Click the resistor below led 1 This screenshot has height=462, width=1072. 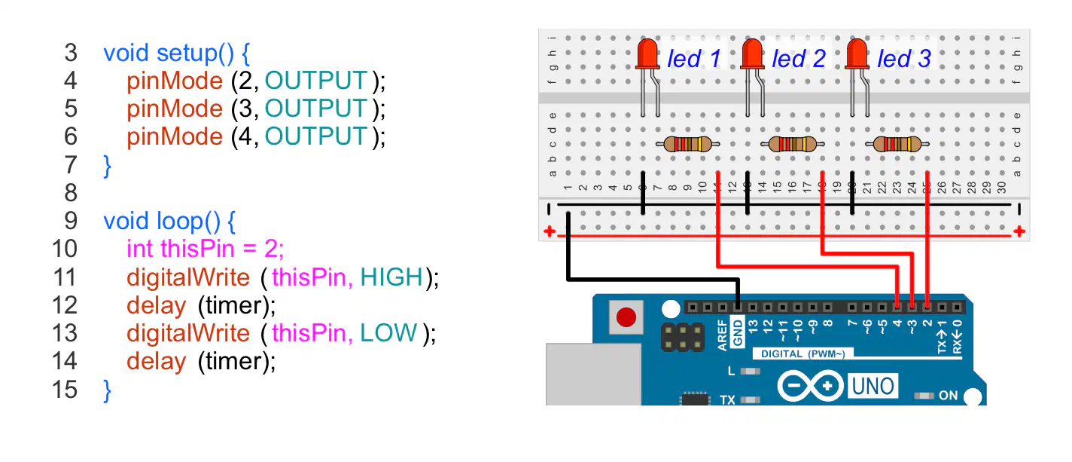click(688, 144)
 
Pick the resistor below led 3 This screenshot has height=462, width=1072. click(897, 144)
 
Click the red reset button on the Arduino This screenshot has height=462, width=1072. click(626, 317)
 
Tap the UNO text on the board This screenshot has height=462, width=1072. click(873, 387)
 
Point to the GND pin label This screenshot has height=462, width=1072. click(738, 332)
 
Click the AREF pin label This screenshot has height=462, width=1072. click(722, 335)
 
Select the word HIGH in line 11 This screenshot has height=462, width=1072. click(391, 277)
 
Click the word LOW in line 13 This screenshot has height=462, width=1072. click(388, 332)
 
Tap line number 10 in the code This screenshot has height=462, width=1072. click(64, 249)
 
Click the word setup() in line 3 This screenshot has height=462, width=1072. click(195, 53)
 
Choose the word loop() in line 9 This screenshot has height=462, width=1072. click(188, 221)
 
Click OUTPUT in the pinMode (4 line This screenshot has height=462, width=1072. click(316, 136)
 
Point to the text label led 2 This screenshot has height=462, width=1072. click(799, 59)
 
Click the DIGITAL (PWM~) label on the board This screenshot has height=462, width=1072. click(802, 353)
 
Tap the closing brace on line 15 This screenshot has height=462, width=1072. click(108, 390)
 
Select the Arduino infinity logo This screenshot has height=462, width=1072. click(810, 385)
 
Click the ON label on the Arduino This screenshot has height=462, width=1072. click(948, 396)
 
